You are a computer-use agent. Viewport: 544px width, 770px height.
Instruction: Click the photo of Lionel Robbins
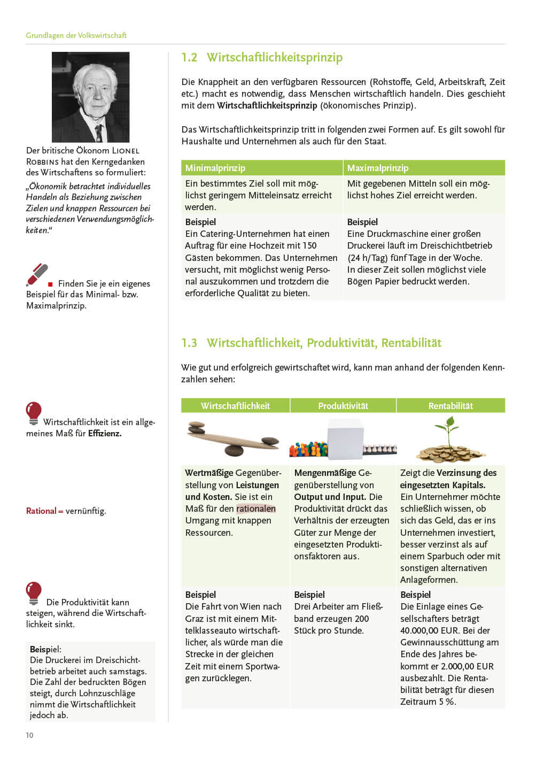tap(90, 97)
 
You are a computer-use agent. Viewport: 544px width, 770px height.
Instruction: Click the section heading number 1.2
tap(189, 58)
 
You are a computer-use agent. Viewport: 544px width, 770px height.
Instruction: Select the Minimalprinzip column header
tap(215, 168)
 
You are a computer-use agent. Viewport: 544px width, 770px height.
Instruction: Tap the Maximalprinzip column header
tap(377, 168)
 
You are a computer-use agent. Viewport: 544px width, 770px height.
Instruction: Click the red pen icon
tap(37, 275)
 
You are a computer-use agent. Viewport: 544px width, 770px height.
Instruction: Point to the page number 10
tap(29, 735)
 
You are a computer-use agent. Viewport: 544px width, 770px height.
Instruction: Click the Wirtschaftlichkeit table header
tap(235, 406)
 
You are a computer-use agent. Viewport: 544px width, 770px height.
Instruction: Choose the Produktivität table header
tap(343, 406)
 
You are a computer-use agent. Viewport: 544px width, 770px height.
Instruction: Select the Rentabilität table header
tap(450, 406)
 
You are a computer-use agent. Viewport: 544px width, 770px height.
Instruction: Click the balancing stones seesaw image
tap(234, 438)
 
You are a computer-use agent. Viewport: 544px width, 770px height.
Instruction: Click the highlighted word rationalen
tap(256, 509)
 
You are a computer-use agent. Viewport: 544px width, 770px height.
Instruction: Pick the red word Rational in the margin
tap(41, 511)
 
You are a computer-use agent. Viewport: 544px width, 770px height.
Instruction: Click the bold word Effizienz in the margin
tap(105, 434)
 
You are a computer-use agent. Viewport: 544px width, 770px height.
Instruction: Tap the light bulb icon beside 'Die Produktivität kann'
tap(34, 593)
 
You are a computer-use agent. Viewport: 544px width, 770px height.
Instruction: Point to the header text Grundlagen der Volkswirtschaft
tap(76, 35)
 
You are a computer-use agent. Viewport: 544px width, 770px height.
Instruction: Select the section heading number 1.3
tap(189, 343)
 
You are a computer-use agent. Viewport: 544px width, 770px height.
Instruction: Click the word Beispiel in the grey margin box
tap(45, 649)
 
